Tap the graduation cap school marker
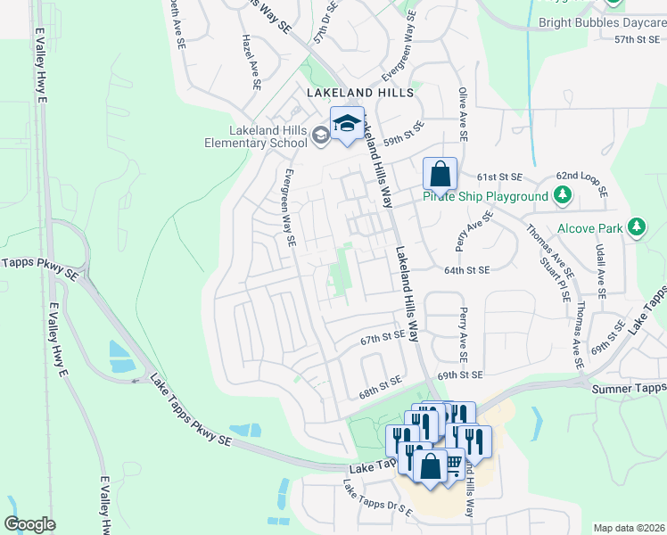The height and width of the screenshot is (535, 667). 347,124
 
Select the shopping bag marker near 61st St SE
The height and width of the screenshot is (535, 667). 440,174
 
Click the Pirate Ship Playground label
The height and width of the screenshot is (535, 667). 485,196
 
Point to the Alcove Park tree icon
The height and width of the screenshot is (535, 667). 637,227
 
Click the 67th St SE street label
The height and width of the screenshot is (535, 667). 383,339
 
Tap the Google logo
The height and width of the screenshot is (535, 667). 29,524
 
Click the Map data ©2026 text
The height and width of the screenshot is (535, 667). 628,528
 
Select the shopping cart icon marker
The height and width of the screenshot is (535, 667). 453,463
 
